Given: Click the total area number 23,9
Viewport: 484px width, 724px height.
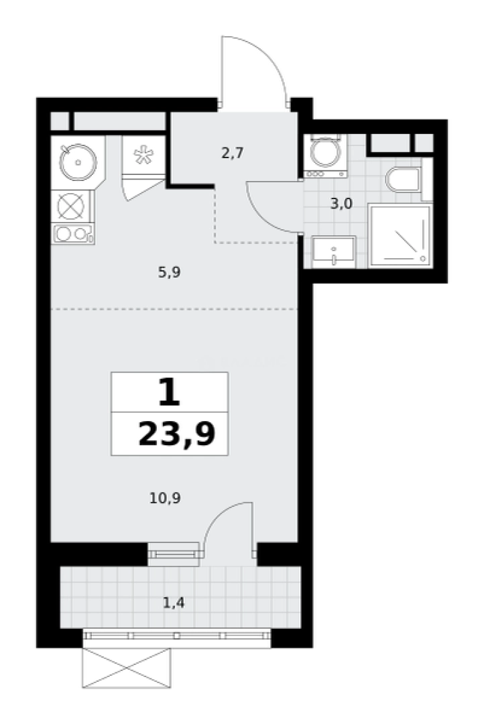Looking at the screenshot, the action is pos(177,434).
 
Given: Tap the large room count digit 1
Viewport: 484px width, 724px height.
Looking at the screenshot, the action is pos(168,392).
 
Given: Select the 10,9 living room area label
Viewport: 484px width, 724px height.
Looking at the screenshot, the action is pos(165,498).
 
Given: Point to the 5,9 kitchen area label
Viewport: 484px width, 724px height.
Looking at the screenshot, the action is pos(169,272).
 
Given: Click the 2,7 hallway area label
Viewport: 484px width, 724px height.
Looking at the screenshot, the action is pos(233,152).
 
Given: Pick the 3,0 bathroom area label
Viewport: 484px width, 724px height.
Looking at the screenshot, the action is pos(341,203).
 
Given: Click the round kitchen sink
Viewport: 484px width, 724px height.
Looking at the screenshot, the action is pos(78,162).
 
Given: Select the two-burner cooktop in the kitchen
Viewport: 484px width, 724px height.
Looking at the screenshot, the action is pos(74,234).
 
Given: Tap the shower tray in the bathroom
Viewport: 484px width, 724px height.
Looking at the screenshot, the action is pos(400,236).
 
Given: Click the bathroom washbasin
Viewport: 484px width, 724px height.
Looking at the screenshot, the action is pos(333,252).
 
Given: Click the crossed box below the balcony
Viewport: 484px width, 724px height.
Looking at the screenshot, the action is pos(127,668).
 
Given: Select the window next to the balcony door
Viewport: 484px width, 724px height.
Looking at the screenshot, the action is pos(174,554).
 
